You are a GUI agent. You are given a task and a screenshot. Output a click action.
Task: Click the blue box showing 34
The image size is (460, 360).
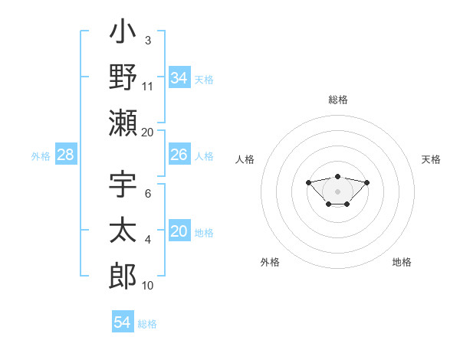point(179,78)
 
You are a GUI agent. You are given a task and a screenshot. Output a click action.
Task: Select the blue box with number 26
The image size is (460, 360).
point(179,155)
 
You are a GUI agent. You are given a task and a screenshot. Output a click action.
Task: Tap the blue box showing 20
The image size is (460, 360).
point(179,231)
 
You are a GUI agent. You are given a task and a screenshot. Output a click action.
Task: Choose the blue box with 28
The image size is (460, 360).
point(66,155)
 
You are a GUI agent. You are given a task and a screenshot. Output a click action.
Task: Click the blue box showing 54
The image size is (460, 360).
point(123,322)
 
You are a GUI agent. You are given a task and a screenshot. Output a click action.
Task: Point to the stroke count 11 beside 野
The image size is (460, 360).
point(148,86)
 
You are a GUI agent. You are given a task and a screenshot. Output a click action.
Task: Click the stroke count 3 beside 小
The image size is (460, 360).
point(148,40)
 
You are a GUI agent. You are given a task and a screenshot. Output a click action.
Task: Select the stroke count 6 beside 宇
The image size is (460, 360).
point(148,193)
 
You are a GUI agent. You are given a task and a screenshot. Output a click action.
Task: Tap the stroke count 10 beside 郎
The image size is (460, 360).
point(148,285)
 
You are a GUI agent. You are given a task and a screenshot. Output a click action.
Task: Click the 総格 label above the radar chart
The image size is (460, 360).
point(338,100)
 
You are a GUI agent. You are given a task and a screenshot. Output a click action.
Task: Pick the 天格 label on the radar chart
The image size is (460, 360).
point(432,159)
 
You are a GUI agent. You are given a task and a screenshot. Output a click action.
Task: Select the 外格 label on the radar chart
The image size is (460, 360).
point(270,262)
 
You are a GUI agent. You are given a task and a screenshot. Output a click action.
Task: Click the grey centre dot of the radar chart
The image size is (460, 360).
point(337,191)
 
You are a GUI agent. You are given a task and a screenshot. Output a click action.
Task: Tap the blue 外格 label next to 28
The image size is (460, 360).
point(41,155)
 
